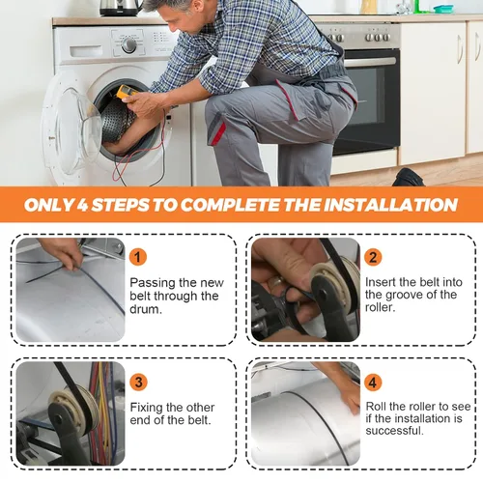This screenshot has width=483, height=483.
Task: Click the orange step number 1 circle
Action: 138,257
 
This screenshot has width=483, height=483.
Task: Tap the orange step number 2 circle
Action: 373,257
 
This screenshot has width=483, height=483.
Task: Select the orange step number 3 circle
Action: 138,382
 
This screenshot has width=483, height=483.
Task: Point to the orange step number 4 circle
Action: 373,383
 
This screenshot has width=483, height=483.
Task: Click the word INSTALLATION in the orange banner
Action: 390,205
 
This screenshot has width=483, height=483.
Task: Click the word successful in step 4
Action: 393,431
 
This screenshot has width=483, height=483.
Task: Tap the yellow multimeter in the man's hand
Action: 127,92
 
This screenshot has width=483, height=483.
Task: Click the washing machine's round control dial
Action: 128,45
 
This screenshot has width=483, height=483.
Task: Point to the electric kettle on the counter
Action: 121,8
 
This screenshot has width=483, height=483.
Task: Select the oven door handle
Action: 370,62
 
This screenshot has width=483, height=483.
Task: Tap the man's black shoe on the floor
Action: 409,177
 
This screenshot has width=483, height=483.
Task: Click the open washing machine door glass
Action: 75,128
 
